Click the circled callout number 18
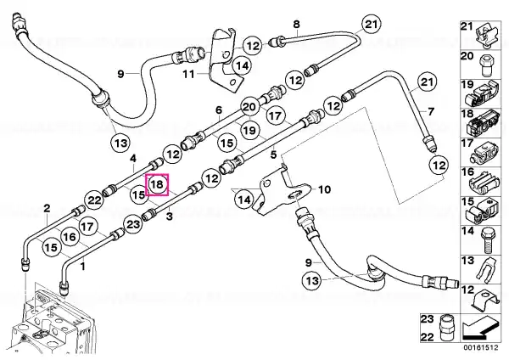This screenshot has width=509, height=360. coord(158,185)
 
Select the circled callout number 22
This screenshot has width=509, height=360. coord(95,200)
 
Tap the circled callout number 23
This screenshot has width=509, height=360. coord(133,224)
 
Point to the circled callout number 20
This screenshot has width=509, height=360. coord(249,107)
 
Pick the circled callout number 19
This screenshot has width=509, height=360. coord(249,131)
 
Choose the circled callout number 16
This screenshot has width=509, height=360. coord(70,237)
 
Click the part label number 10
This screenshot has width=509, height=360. coord(325,189)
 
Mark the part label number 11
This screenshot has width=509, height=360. coord(188,75)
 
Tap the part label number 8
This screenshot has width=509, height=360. coord(296,24)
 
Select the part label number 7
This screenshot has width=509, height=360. coord(431,112)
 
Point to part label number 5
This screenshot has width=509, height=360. coord(274,155)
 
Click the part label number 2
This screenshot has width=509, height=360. coord(47,208)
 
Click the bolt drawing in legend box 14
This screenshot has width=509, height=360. coord(487,240)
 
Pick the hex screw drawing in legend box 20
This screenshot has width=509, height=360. coord(486,65)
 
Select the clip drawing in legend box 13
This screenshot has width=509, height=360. coord(486,268)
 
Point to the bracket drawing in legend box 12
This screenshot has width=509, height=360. coord(485,300)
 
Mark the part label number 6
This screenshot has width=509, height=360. coord(219,110)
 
